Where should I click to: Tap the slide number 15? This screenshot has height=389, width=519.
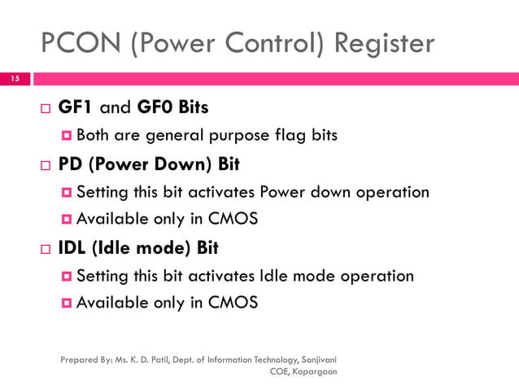14,80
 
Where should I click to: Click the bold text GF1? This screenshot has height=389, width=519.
75,107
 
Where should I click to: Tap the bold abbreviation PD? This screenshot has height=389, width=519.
71,164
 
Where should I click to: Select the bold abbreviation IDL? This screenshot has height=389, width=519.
75,247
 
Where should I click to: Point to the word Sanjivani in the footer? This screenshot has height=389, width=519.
320,358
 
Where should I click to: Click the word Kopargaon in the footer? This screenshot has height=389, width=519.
314,371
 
